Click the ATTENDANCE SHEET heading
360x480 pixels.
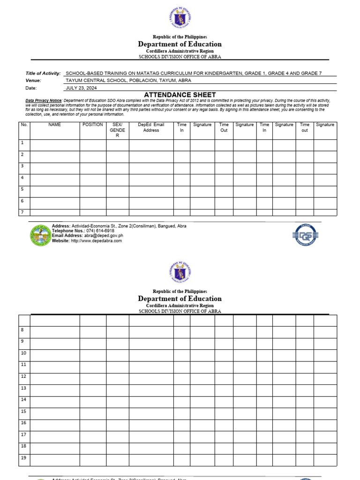tap(180, 95)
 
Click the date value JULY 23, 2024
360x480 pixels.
tap(81, 88)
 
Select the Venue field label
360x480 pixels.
tap(33, 80)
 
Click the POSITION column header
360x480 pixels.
tap(93, 125)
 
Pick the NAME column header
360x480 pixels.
tap(54, 125)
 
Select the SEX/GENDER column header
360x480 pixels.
tap(117, 130)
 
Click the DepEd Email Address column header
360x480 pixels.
tap(151, 127)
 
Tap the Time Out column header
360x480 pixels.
tap(224, 127)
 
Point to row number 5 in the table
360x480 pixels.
tap(22, 189)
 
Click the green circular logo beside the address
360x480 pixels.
tap(40, 235)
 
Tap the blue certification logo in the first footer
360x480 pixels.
tap(305, 234)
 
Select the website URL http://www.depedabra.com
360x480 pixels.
tap(96, 241)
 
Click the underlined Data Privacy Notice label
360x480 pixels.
tap(44, 101)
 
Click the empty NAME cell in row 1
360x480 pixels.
tap(54, 145)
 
